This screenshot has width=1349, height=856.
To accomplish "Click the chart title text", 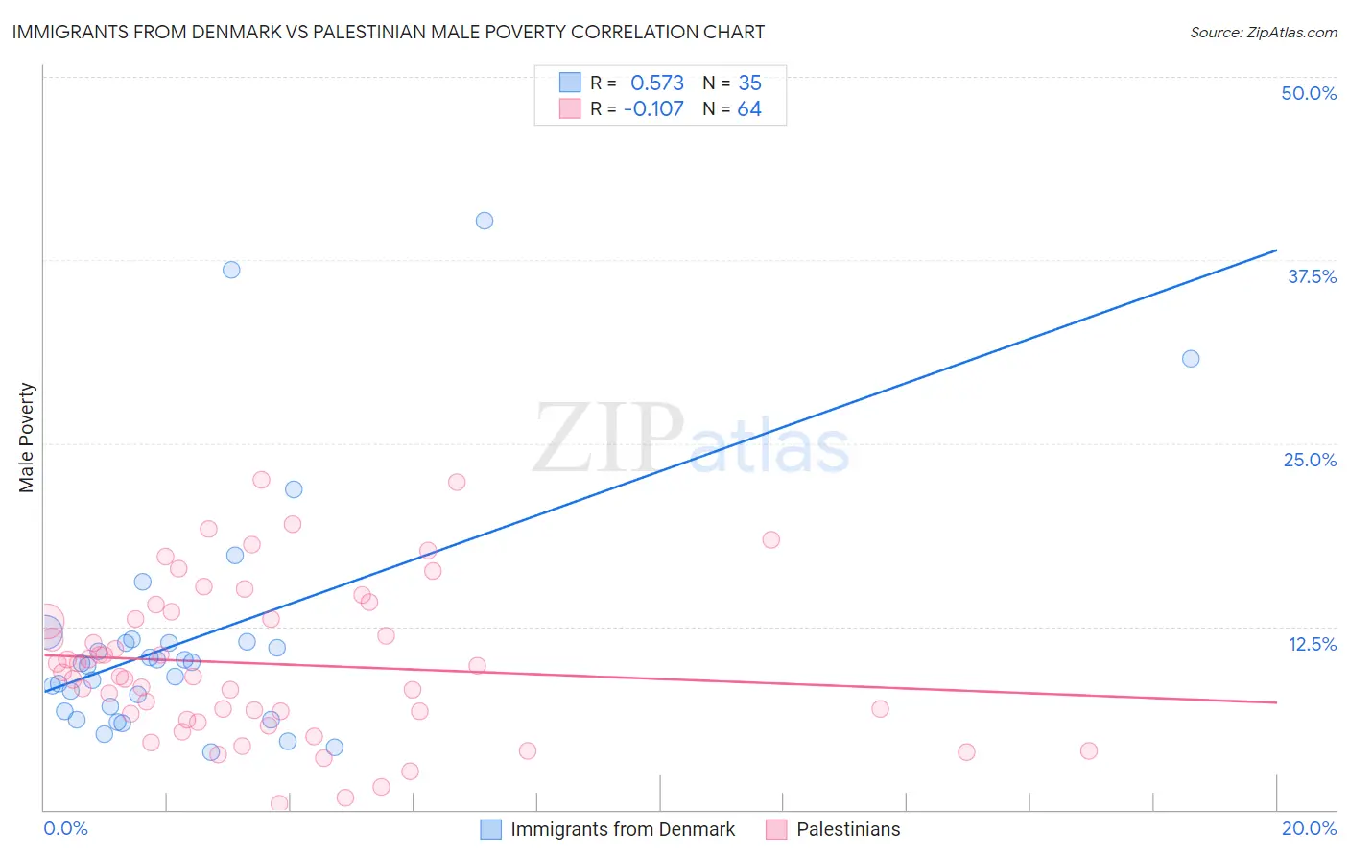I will click(388, 32).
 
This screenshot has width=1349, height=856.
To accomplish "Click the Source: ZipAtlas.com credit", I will click(1263, 33).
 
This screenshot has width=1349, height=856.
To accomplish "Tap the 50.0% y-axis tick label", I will click(1309, 93).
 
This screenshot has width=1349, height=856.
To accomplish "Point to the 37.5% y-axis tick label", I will click(1312, 276).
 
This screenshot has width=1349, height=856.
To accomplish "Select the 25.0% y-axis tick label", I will click(1310, 460).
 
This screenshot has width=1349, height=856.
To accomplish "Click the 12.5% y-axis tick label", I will click(1312, 644).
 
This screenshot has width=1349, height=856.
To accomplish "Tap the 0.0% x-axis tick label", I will click(65, 828).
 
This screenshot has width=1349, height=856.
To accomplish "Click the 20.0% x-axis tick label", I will click(1309, 828).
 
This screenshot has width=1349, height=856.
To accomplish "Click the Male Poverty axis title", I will click(27, 438).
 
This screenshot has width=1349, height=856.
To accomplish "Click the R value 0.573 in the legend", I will click(656, 83).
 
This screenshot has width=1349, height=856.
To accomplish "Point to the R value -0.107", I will click(653, 109).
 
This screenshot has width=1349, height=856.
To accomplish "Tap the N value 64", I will click(749, 109).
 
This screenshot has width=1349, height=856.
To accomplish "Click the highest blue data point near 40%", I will click(485, 221).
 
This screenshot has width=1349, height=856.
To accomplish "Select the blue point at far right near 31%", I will click(1191, 359).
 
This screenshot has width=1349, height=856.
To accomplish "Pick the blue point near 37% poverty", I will click(231, 270).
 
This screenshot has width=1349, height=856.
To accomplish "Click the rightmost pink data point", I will click(1088, 750).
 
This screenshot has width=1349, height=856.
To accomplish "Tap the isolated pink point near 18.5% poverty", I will click(770, 539).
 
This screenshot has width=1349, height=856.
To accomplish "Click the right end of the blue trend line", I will click(1276, 250).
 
